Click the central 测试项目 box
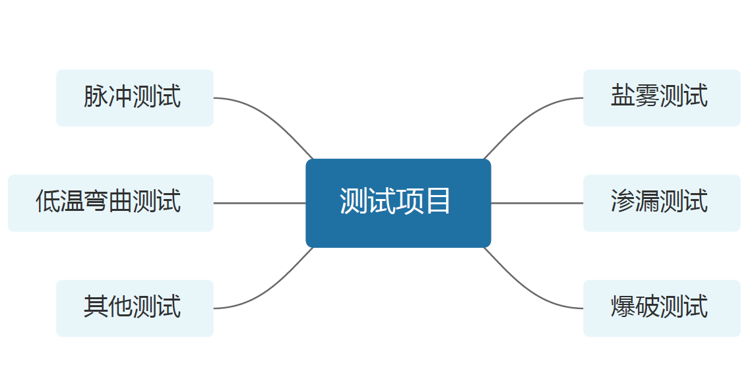pyautogui.click(x=398, y=203)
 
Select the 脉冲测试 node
pyautogui.click(x=135, y=98)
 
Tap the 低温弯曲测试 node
pyautogui.click(x=110, y=203)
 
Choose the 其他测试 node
pyautogui.click(x=135, y=308)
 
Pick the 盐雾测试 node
pyautogui.click(x=662, y=98)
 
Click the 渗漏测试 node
pyautogui.click(x=662, y=203)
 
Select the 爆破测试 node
pyautogui.click(x=662, y=308)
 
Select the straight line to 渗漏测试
pyautogui.click(x=537, y=203)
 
